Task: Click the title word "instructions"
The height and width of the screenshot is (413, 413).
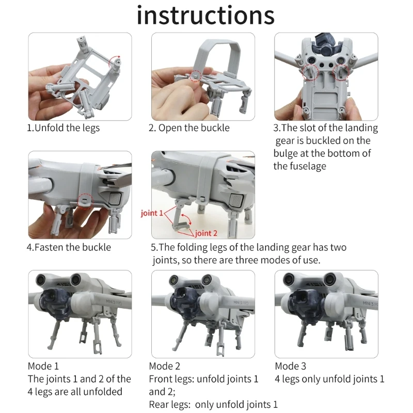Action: (205, 15)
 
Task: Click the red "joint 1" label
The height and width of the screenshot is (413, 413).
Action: (152, 213)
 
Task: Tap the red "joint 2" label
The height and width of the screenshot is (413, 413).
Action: (206, 233)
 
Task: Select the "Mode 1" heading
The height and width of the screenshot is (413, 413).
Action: (43, 366)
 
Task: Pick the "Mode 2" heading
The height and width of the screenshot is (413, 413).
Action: (164, 366)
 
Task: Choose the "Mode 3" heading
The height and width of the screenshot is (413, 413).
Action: (290, 366)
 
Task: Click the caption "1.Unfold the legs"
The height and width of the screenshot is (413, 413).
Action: (63, 128)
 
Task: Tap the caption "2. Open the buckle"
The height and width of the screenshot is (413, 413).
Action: (189, 128)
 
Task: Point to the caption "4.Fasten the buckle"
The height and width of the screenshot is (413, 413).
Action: (69, 247)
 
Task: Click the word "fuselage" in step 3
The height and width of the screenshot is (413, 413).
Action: (308, 166)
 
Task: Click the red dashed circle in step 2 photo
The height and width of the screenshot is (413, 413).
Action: (196, 75)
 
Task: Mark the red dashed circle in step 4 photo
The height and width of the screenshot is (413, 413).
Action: (85, 201)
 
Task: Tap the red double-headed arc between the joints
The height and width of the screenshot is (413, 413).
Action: (187, 219)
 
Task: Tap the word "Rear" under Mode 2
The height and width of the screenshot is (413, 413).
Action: (160, 404)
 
